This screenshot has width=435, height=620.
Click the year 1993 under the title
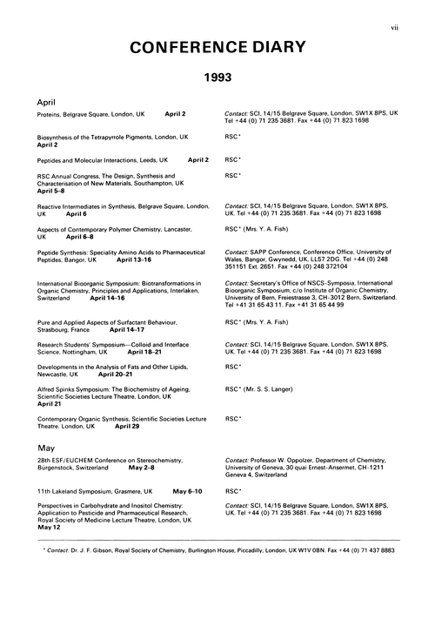tap(217, 77)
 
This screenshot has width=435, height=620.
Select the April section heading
tap(46, 101)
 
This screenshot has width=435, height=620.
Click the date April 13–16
tap(134, 259)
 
